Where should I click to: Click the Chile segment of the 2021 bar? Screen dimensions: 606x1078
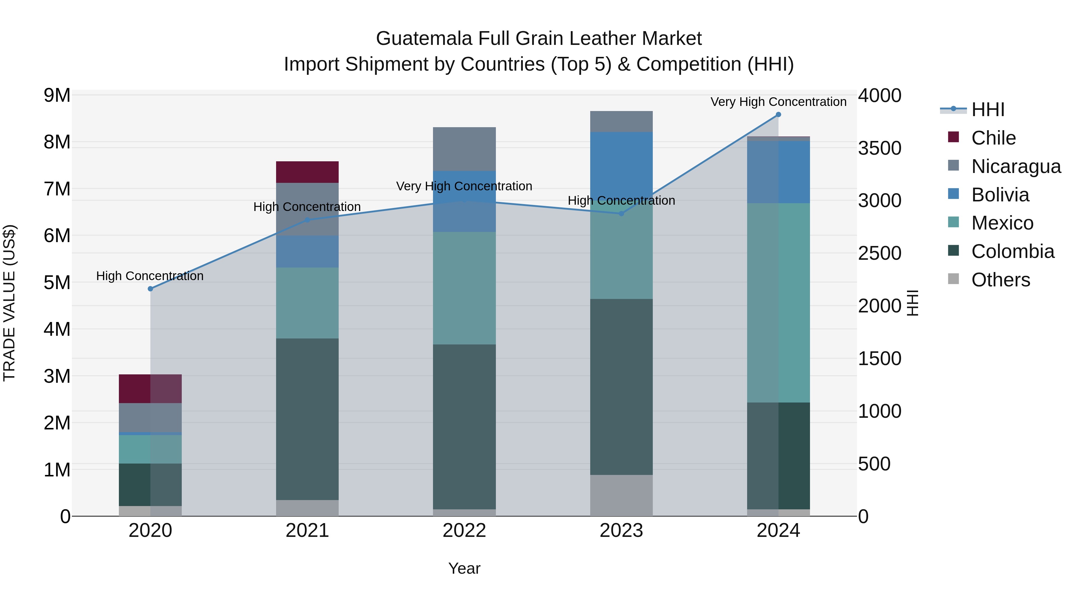(307, 172)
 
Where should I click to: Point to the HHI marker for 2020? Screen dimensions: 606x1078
(151, 288)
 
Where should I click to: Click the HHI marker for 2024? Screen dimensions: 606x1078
(778, 115)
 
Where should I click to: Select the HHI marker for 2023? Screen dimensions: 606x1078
(621, 214)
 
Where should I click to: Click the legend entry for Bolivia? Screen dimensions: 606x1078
(1000, 195)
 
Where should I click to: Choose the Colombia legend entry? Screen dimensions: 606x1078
(1012, 251)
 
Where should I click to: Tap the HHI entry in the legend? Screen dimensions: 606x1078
(988, 110)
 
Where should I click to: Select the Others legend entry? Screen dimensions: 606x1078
(1000, 280)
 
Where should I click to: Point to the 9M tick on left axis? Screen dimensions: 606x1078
(57, 95)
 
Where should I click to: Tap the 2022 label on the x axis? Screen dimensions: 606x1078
(464, 531)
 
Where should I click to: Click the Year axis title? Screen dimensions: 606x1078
(464, 568)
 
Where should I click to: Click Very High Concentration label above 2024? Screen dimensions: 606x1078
(778, 102)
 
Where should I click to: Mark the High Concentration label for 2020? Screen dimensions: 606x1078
(150, 276)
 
